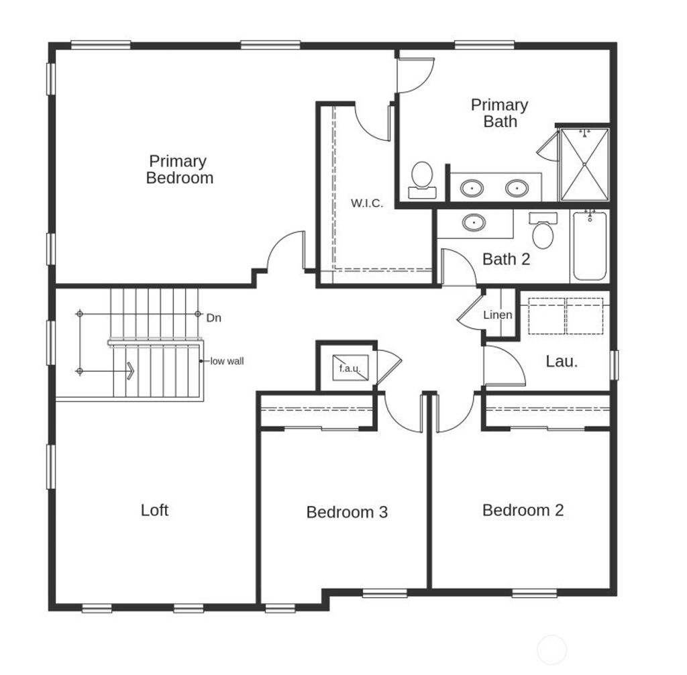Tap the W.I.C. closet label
coord(367,203)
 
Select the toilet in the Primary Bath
coord(422,179)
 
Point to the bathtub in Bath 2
coord(590,246)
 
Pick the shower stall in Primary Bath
coord(584,164)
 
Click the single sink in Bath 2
coord(474,222)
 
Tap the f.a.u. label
coord(350,368)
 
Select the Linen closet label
coord(498,315)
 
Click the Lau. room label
coord(562,361)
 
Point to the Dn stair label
coord(213,318)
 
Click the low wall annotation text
coord(227,361)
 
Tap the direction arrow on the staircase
coord(128,370)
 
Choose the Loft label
coord(154,510)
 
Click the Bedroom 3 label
coord(347,513)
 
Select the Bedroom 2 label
coord(523,510)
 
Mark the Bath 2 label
coord(506,259)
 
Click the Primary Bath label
coord(499,113)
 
